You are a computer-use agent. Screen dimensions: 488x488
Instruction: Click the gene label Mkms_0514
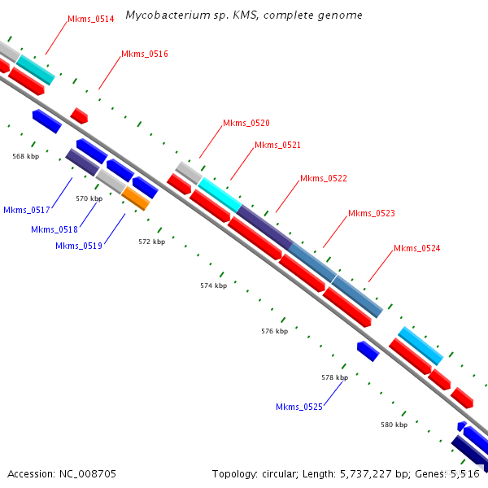(x=90, y=19)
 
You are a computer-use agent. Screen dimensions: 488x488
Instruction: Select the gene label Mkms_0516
(x=144, y=54)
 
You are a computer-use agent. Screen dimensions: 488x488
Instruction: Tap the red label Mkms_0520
(x=246, y=123)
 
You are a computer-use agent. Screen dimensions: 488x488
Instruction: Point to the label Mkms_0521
(x=277, y=145)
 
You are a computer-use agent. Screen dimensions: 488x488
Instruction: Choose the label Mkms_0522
(x=323, y=178)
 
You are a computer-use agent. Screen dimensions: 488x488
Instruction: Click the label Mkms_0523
(x=371, y=213)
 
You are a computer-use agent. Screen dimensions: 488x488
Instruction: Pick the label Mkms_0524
(x=416, y=248)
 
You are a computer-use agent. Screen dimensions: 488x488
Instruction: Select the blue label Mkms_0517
(x=27, y=210)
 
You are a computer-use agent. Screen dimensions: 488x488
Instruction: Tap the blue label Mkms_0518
(x=54, y=229)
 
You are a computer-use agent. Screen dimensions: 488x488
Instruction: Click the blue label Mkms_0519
(x=79, y=246)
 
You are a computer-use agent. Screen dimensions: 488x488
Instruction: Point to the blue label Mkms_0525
(x=298, y=407)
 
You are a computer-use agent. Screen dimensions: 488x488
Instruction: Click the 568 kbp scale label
(x=25, y=156)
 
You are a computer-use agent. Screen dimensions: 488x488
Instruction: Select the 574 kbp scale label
(x=213, y=285)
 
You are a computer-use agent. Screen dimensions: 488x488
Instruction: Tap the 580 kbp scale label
(x=394, y=425)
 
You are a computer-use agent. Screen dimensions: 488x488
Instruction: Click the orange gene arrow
(x=136, y=198)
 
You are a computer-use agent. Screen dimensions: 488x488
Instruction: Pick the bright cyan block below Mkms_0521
(x=220, y=194)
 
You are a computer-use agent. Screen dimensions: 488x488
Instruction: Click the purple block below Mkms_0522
(x=264, y=227)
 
